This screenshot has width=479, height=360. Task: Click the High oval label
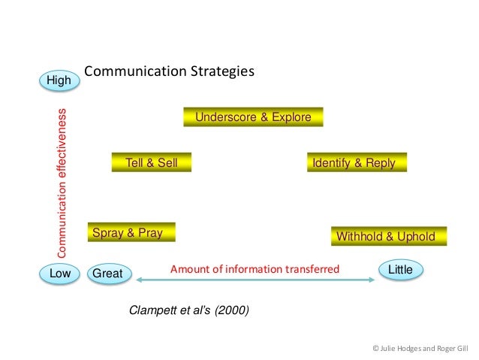point(59,79)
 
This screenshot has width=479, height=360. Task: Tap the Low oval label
point(59,274)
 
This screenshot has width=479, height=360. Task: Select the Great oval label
point(107,274)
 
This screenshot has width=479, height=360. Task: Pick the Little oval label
point(399,269)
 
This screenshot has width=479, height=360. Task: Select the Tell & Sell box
point(151,162)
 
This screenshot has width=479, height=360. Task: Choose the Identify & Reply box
point(357,162)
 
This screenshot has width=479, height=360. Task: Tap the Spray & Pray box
point(131,233)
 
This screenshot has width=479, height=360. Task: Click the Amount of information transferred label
point(255,269)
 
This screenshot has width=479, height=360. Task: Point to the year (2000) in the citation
point(230,309)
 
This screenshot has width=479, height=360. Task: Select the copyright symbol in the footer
point(376,349)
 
